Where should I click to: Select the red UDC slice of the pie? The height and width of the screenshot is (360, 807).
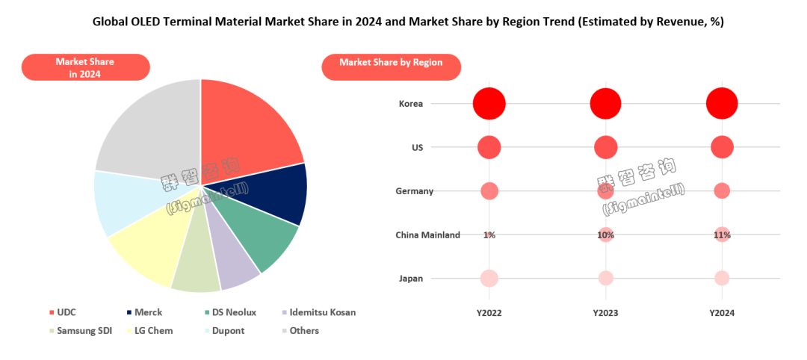click(x=247, y=127)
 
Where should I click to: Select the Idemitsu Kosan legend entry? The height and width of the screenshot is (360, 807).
click(x=319, y=311)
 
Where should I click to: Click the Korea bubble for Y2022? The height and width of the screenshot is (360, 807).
click(x=489, y=103)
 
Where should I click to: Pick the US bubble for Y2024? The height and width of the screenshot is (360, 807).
click(x=722, y=147)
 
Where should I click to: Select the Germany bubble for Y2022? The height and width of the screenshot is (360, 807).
click(x=489, y=191)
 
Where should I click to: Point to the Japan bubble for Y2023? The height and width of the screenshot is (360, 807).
click(x=605, y=278)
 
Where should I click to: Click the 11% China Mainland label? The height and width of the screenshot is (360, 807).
click(x=722, y=235)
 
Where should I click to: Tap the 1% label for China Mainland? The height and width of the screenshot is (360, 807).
click(x=489, y=235)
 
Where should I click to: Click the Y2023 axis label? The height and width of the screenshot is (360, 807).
click(x=605, y=314)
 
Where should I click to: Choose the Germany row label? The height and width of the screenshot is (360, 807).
click(x=414, y=191)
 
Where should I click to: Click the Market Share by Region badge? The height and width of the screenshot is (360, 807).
click(x=391, y=63)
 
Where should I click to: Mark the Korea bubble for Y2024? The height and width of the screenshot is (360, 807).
click(x=722, y=103)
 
